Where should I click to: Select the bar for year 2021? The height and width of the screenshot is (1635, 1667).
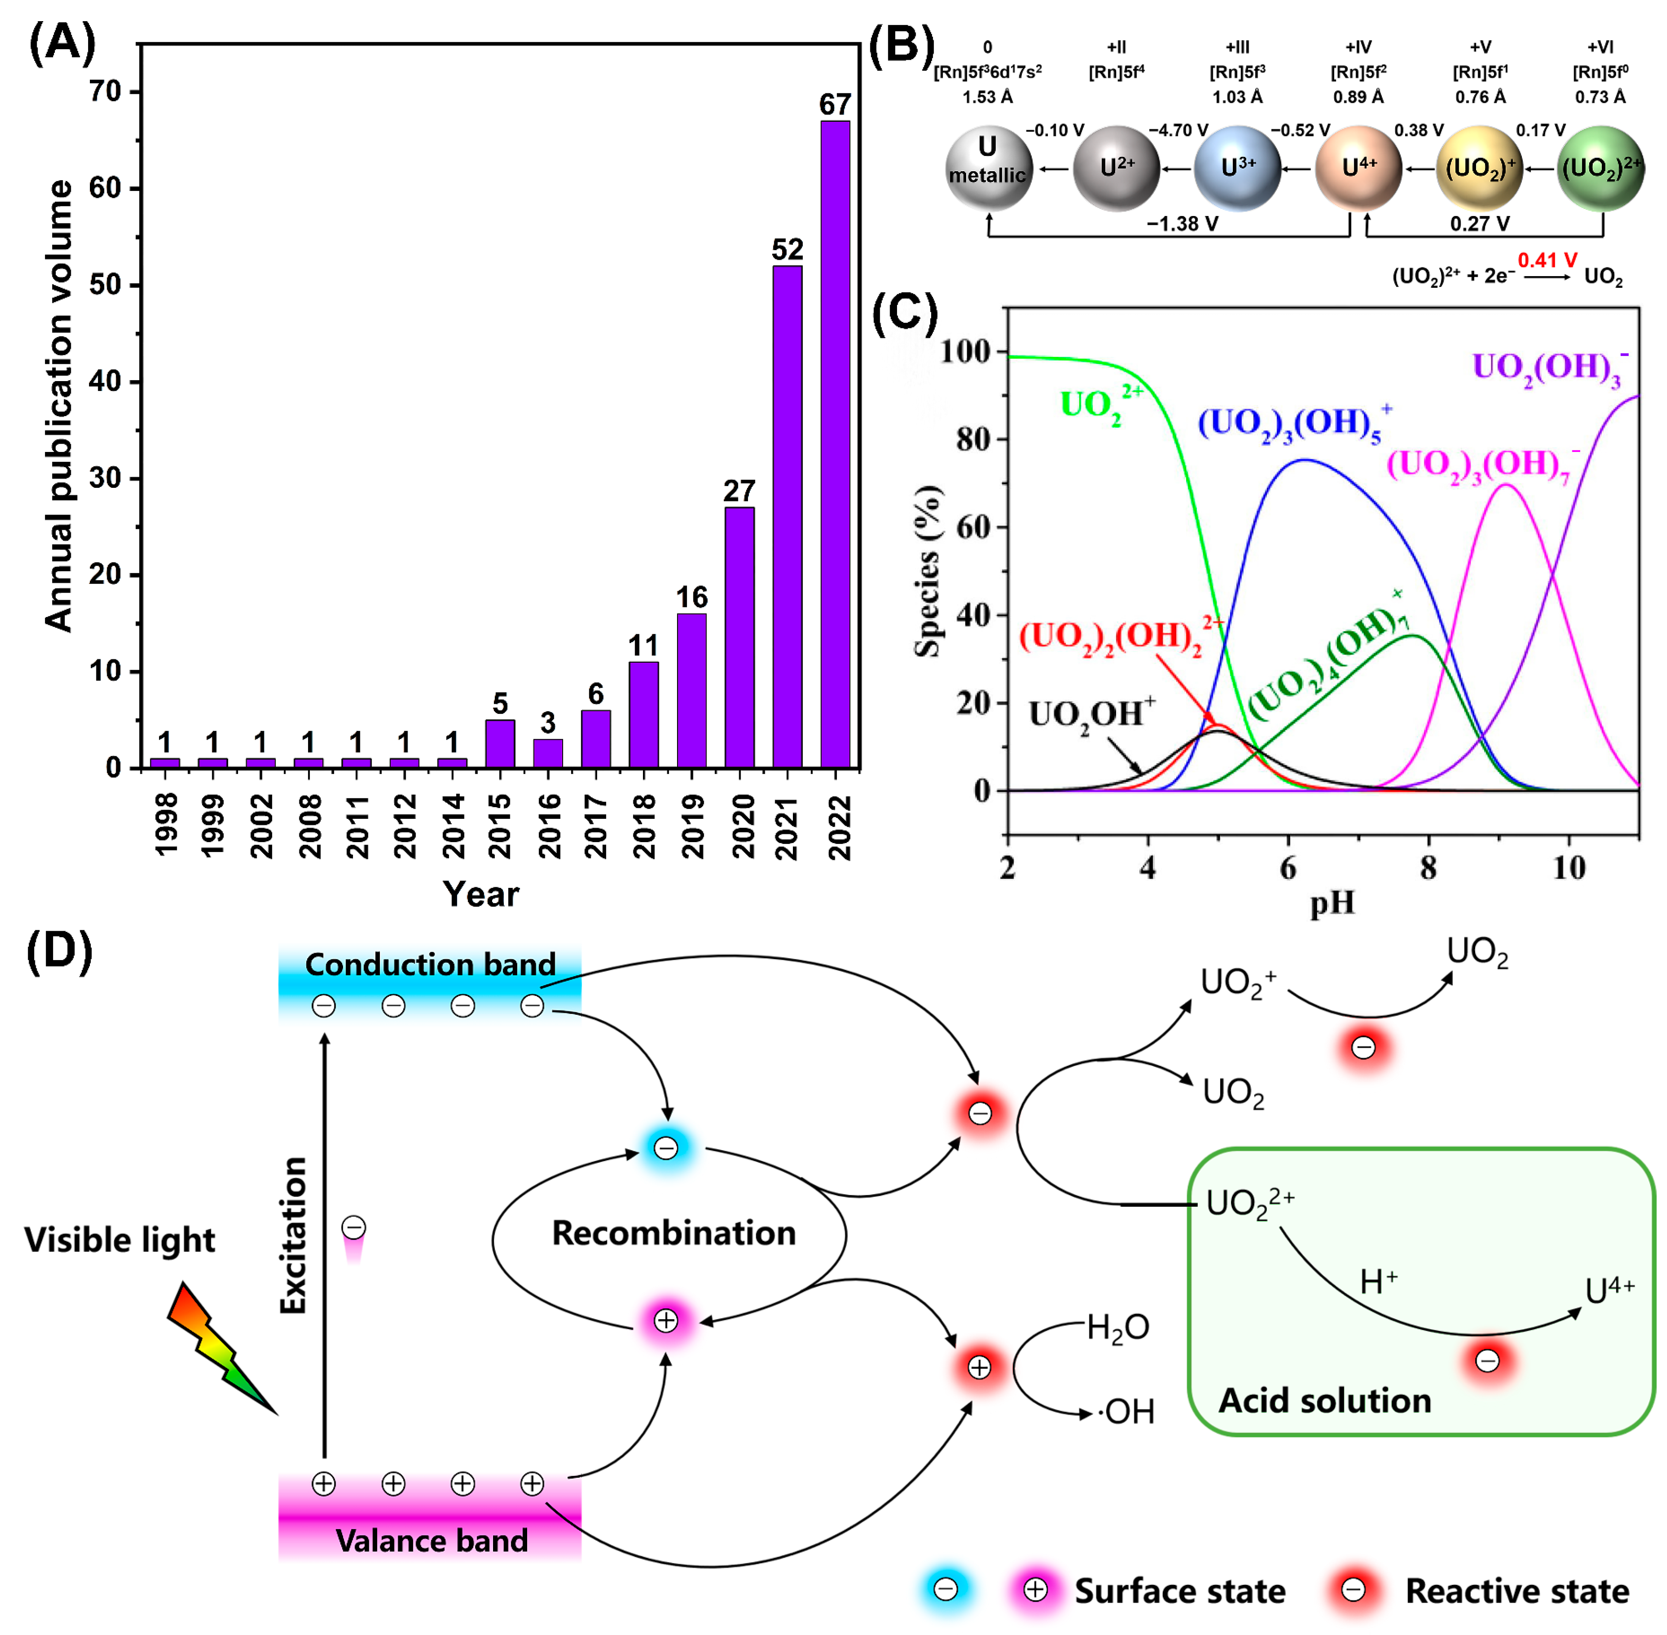pyautogui.click(x=787, y=515)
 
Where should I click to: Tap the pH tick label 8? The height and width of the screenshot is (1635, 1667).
pyautogui.click(x=1428, y=867)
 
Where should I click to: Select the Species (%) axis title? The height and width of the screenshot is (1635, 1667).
pyautogui.click(x=928, y=571)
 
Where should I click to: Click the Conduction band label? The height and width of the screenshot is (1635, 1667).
pyautogui.click(x=430, y=964)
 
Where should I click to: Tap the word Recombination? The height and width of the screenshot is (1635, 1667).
pyautogui.click(x=673, y=1233)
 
